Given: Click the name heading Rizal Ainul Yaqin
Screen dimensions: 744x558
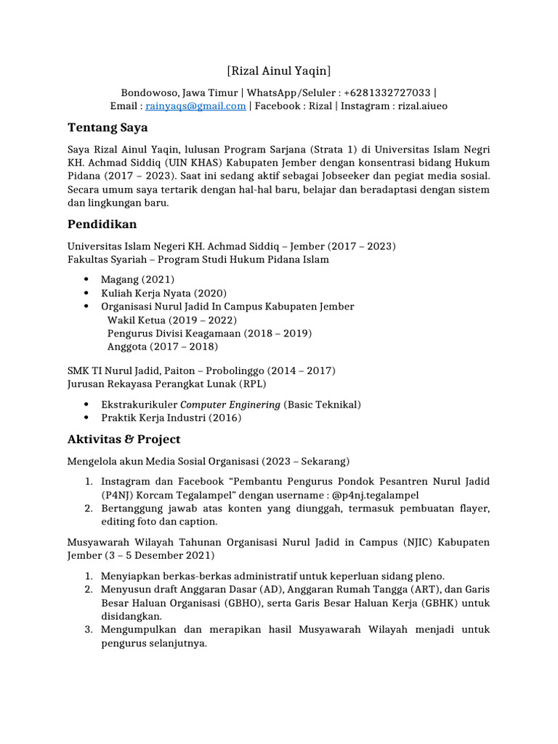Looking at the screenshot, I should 278,70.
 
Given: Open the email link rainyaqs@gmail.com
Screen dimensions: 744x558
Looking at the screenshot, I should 195,106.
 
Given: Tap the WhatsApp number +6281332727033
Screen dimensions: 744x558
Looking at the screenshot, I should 387,93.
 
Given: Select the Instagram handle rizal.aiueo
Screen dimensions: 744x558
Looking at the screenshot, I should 421,106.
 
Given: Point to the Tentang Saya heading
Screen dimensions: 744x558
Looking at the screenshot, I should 108,128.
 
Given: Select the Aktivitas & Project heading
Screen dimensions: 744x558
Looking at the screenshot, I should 124,440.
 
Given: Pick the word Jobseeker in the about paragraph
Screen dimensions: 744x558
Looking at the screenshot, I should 396,176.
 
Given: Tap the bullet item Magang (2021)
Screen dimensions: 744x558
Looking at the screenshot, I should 137,279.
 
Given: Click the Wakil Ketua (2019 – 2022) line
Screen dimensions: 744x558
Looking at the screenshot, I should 172,320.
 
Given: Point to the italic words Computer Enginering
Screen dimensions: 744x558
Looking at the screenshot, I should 230,405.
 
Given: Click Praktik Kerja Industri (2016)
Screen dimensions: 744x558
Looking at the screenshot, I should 171,418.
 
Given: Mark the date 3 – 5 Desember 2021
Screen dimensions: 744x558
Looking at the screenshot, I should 163,556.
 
